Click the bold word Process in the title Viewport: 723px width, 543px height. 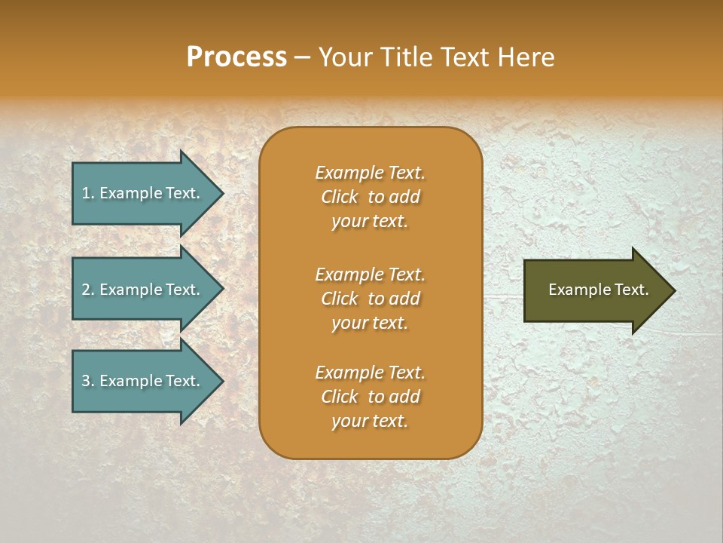tap(236, 57)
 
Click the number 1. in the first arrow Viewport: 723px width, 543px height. tap(87, 193)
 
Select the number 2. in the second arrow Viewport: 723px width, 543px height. tap(87, 290)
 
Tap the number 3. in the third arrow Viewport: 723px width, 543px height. tap(87, 381)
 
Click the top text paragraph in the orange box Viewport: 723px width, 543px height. tap(370, 197)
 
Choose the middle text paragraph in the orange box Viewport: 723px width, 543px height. tap(370, 299)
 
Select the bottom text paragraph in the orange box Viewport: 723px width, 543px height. tap(370, 397)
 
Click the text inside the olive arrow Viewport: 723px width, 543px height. tap(599, 290)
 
